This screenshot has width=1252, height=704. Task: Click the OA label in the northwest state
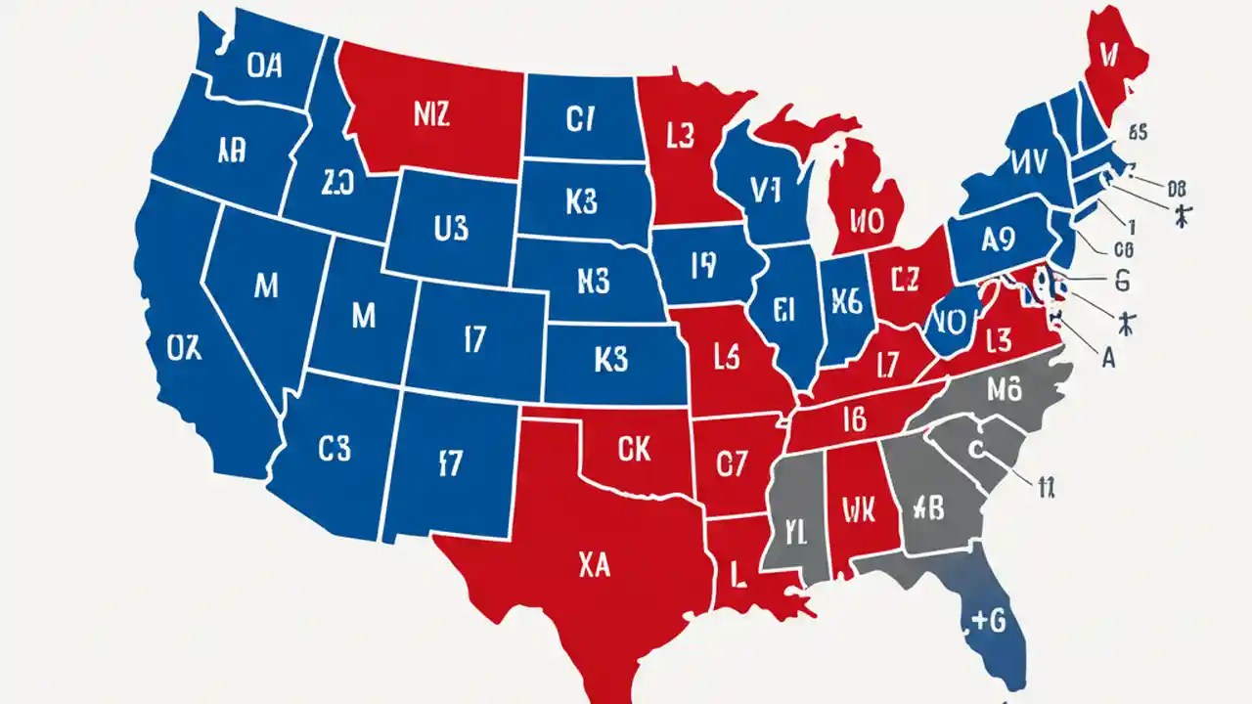(x=264, y=66)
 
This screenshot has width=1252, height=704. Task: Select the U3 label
(x=450, y=229)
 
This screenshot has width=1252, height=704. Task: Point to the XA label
(x=595, y=565)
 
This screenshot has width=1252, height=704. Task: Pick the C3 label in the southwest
(x=334, y=448)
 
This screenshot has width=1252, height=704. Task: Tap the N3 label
(x=594, y=282)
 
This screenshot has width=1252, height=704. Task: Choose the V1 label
(x=766, y=191)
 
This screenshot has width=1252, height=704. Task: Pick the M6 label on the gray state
(x=1004, y=389)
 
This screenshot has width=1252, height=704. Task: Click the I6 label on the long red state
(x=853, y=420)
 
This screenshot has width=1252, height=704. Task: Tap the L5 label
(x=725, y=358)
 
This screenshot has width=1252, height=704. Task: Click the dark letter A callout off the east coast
(x=1108, y=358)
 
